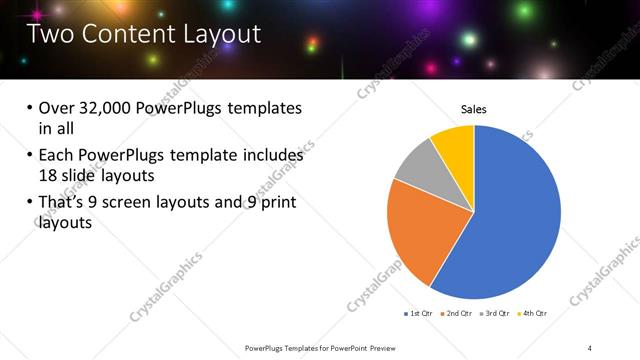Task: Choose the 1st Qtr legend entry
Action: pyautogui.click(x=418, y=313)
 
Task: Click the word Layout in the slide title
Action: pyautogui.click(x=216, y=34)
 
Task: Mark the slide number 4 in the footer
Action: pyautogui.click(x=590, y=347)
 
